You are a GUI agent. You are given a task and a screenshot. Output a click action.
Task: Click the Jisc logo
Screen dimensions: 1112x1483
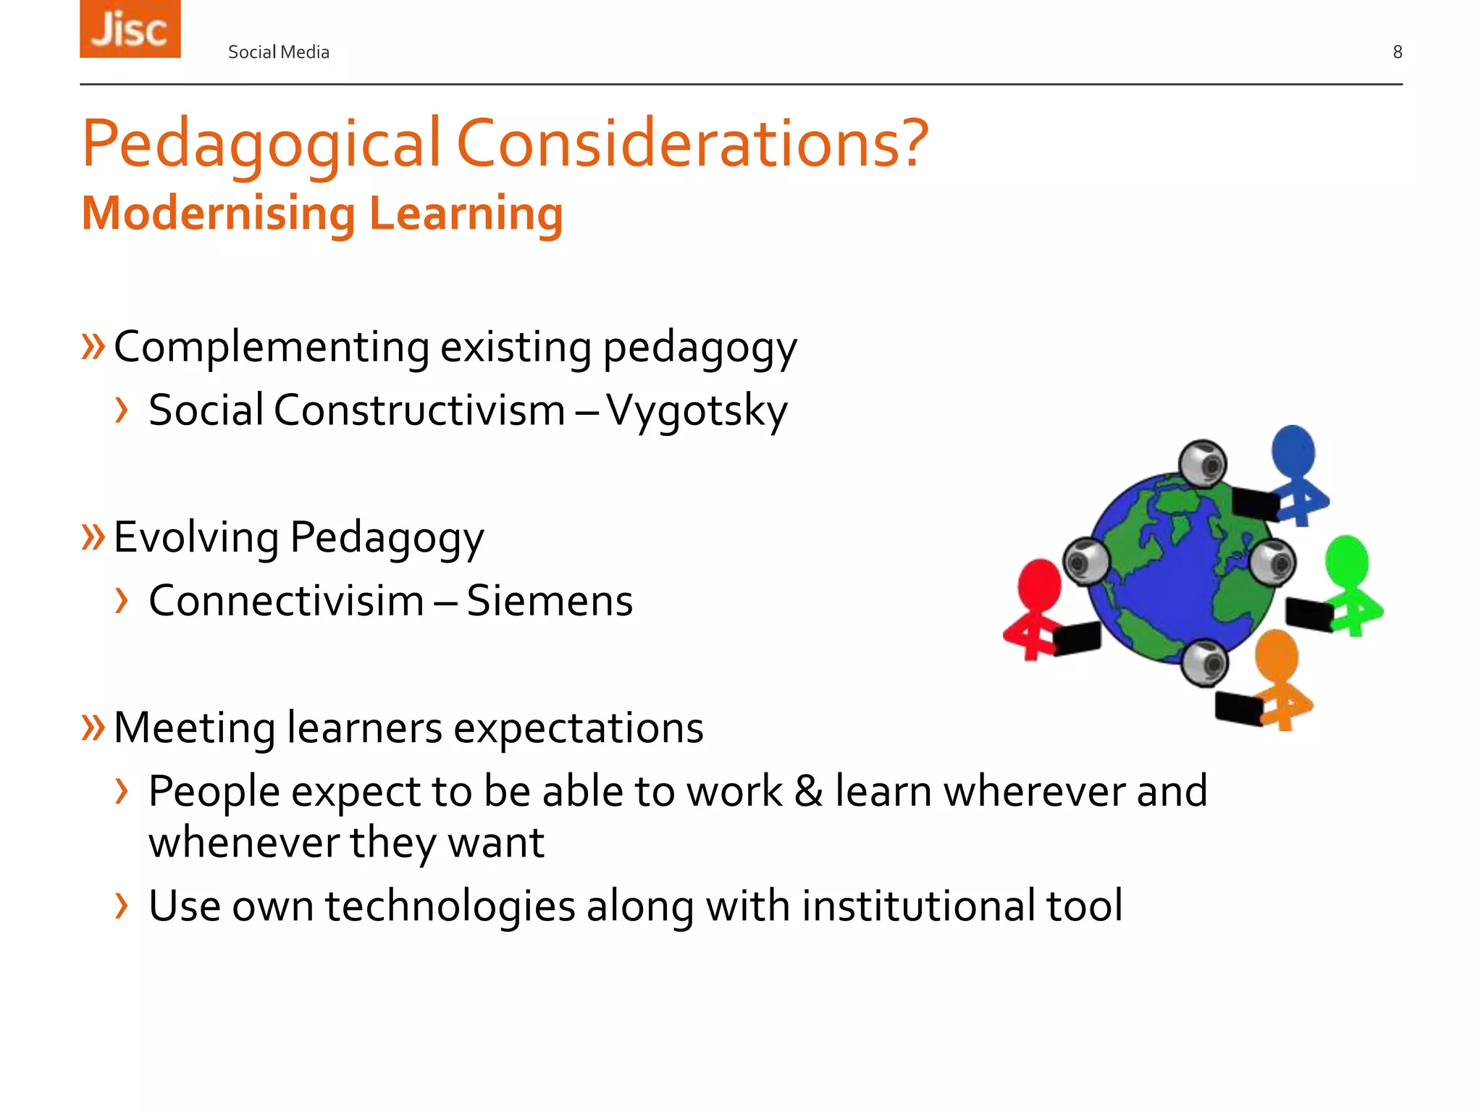tap(130, 29)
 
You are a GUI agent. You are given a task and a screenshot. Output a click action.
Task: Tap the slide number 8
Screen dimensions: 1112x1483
tap(1398, 52)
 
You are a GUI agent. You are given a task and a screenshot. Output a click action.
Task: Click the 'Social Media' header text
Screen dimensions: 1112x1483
tap(279, 52)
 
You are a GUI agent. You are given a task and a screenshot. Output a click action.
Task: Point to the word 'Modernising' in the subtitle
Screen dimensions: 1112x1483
tap(218, 214)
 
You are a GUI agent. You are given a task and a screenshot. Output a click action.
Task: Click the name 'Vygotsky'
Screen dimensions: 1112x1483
tap(697, 411)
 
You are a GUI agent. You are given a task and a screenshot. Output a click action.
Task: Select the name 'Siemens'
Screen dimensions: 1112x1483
tap(550, 601)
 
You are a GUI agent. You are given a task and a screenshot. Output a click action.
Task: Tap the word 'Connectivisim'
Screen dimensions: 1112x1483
tap(286, 601)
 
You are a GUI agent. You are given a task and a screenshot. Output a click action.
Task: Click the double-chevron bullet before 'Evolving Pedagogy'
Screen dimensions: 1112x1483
tap(93, 537)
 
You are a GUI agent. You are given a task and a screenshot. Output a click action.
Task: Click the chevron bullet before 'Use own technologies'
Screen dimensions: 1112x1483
tap(122, 906)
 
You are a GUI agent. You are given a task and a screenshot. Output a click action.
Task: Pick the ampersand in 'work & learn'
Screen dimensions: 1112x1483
tap(808, 791)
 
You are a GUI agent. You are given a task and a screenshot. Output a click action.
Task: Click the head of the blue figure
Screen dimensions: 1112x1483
tap(1293, 449)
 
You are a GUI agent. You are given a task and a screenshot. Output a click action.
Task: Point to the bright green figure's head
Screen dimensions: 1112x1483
tap(1347, 559)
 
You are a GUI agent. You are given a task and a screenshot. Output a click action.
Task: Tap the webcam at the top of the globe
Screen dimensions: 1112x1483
tap(1203, 463)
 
